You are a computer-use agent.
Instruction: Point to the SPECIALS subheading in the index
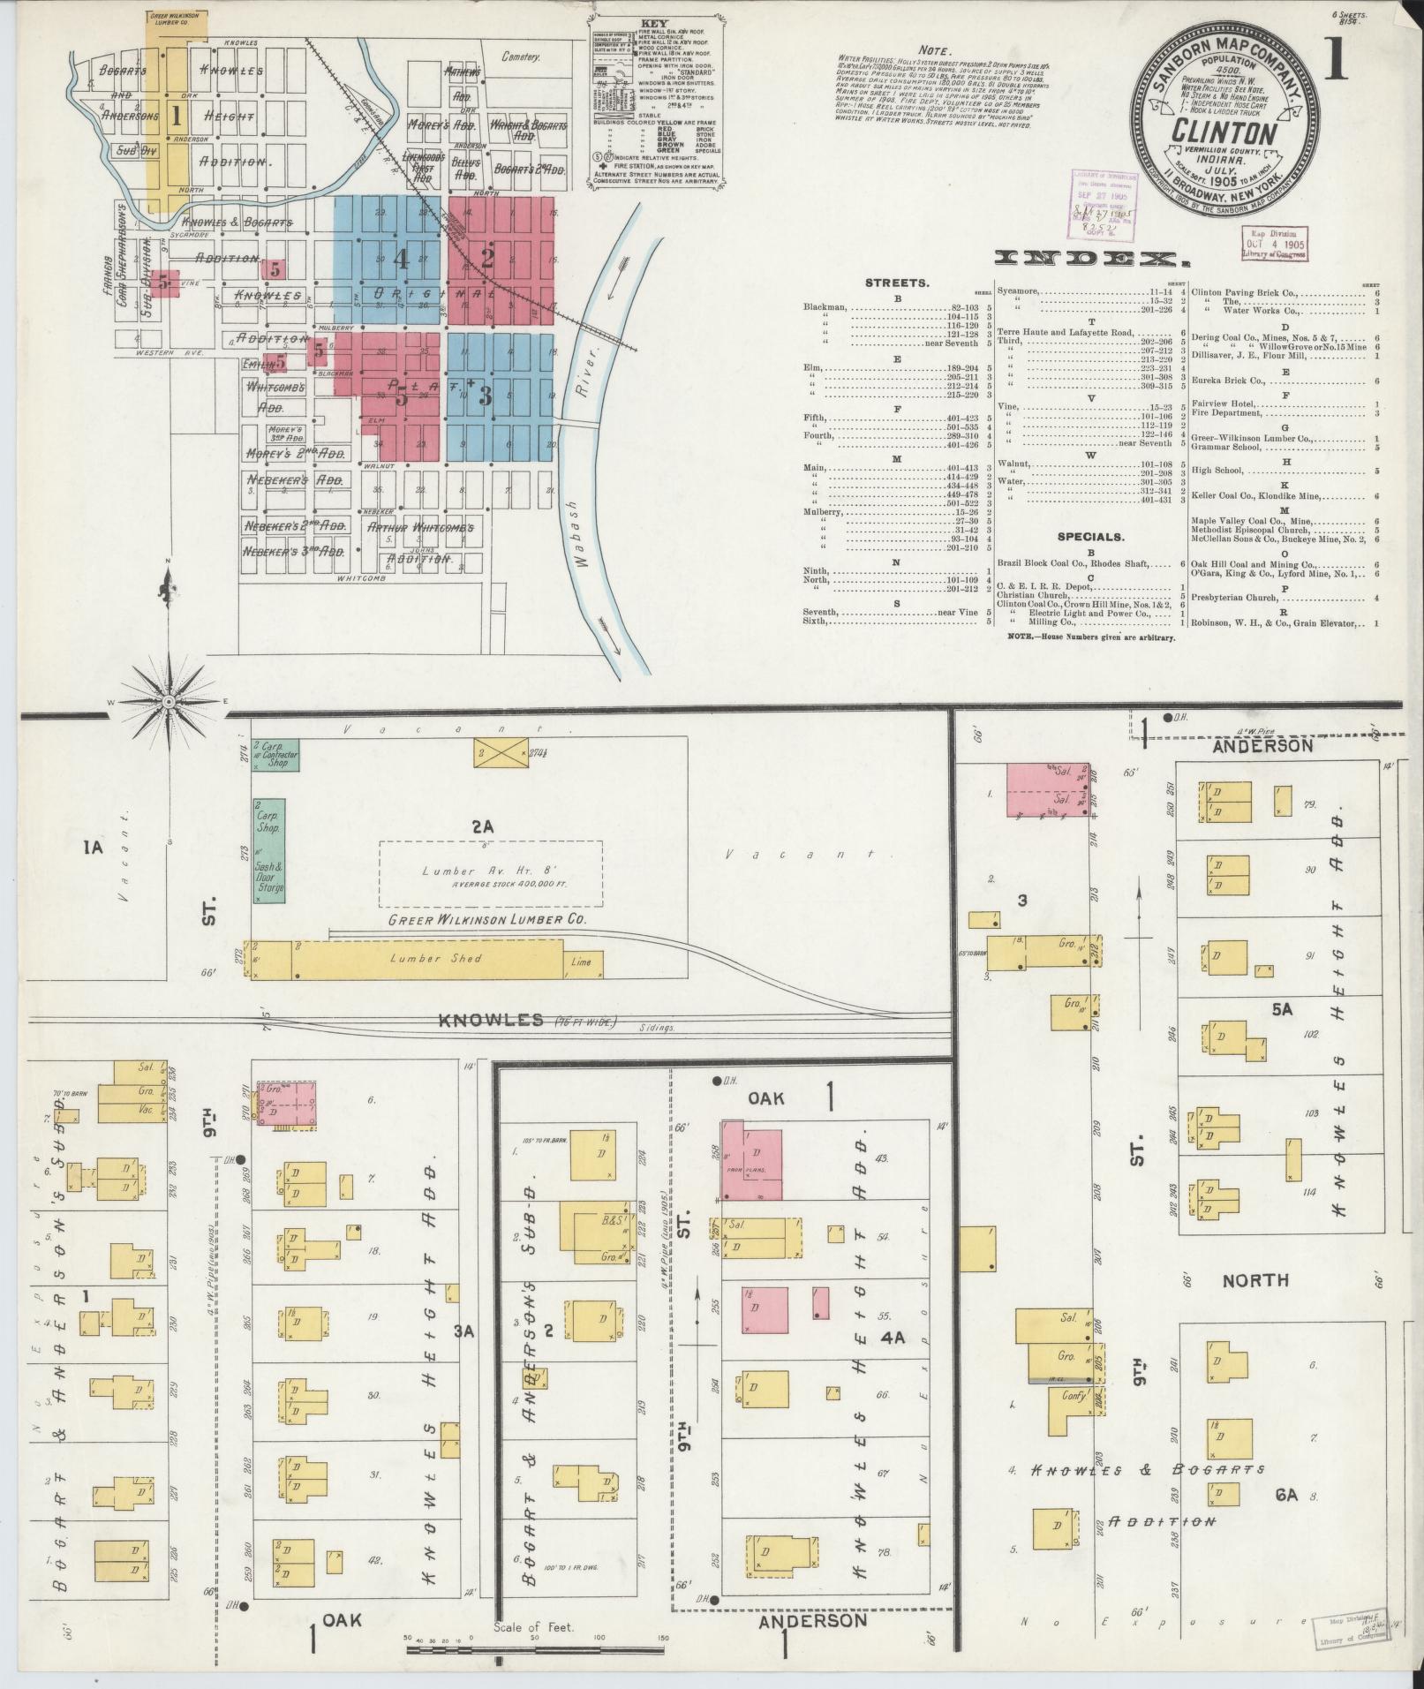1092,536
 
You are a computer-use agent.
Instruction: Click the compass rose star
167,701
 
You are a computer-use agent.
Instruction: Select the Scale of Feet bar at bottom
533,1649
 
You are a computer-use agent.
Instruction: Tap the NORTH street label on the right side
1255,1280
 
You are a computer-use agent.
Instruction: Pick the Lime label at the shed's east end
581,961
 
